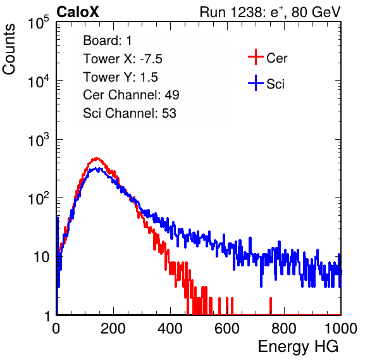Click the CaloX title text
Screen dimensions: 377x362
coord(78,12)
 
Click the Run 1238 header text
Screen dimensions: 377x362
coord(270,12)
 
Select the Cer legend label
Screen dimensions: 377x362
coord(276,58)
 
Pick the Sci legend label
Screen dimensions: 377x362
coord(275,84)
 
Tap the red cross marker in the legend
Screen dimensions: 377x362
coord(256,57)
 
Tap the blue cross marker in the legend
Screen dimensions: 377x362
coord(256,83)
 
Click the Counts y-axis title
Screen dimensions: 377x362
coord(9,49)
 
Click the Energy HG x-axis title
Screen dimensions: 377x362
coord(298,347)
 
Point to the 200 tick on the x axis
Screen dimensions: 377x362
coord(113,328)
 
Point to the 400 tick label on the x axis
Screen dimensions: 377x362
coord(170,328)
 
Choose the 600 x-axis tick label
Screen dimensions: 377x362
coord(227,328)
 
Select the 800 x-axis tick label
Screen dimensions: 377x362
coord(284,328)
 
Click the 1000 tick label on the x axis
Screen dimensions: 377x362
coord(341,328)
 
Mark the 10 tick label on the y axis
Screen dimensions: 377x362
coord(41,257)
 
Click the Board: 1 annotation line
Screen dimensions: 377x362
coord(108,41)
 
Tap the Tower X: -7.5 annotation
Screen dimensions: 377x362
coord(123,59)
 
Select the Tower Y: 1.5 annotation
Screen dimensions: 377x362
coord(120,77)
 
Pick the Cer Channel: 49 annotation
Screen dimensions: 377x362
coord(131,95)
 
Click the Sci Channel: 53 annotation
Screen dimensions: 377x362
coord(130,113)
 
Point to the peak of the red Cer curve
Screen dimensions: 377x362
coord(97,158)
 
